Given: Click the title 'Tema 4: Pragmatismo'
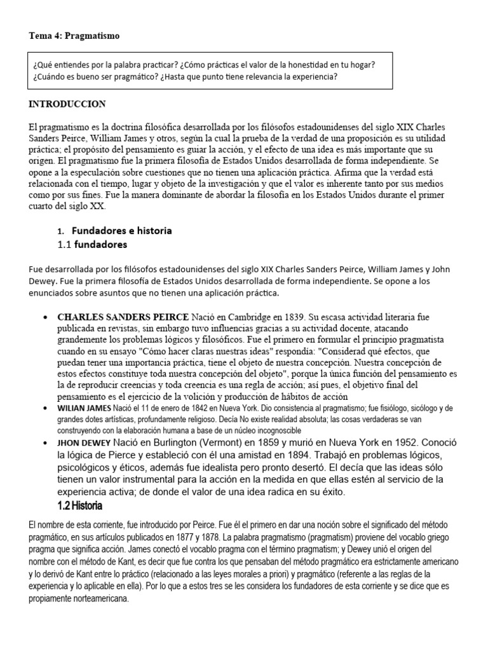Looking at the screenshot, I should pyautogui.click(x=74, y=36).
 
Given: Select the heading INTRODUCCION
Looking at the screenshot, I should pyautogui.click(x=67, y=104).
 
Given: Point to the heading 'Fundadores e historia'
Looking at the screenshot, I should pyautogui.click(x=121, y=230).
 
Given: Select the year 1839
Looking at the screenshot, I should pyautogui.click(x=292, y=317).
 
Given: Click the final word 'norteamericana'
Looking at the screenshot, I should pyautogui.click(x=101, y=598).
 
